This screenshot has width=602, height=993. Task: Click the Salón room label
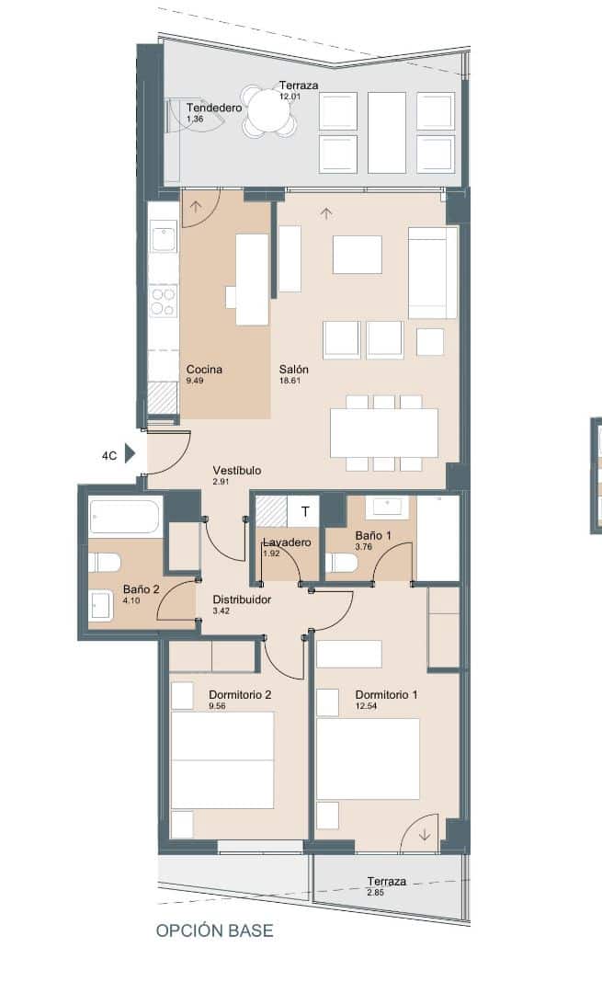point(294,370)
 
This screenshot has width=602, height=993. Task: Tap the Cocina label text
point(204,370)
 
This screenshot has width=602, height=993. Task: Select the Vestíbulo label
point(236,470)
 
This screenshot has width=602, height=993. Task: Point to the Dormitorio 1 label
point(386,695)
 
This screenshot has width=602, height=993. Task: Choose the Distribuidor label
point(242,599)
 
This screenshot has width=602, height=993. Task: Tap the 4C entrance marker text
point(109,455)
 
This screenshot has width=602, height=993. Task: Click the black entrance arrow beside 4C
point(130,454)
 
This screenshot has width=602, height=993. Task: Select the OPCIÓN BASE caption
point(214,930)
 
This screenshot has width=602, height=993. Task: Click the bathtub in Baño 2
point(125,517)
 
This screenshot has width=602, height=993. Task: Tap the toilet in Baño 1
point(342,562)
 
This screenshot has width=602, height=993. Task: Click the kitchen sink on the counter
point(164,237)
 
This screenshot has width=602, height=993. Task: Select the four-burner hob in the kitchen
point(164,302)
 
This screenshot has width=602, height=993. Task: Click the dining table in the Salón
point(384,432)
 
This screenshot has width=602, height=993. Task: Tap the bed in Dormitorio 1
point(368,759)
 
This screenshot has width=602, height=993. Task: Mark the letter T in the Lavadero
point(305,511)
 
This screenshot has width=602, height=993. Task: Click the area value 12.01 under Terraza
point(291,96)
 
